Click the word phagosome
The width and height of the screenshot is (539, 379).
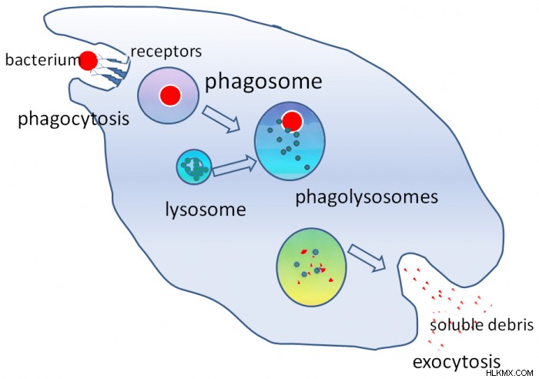tap(263, 82)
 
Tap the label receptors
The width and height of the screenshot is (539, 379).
tap(166, 52)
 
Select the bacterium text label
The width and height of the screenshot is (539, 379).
tap(42, 60)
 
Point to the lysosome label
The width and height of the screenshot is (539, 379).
tap(206, 210)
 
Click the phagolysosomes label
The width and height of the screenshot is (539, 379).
tap(367, 198)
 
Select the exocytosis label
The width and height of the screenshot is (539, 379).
tap(457, 363)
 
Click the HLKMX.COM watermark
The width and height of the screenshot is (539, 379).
tap(510, 373)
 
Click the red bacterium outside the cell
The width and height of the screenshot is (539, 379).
tap(89, 61)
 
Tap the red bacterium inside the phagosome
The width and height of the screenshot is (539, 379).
tap(170, 96)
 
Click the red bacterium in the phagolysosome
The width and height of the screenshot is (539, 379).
tap(292, 122)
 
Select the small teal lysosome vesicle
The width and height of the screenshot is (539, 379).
tap(194, 167)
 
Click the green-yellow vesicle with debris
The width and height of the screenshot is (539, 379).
tap(311, 267)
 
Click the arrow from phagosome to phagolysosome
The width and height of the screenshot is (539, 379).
tap(222, 119)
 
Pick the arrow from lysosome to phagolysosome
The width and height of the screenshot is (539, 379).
tap(234, 166)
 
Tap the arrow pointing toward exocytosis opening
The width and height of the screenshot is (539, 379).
tap(367, 258)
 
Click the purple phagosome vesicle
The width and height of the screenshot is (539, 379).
tap(169, 96)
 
